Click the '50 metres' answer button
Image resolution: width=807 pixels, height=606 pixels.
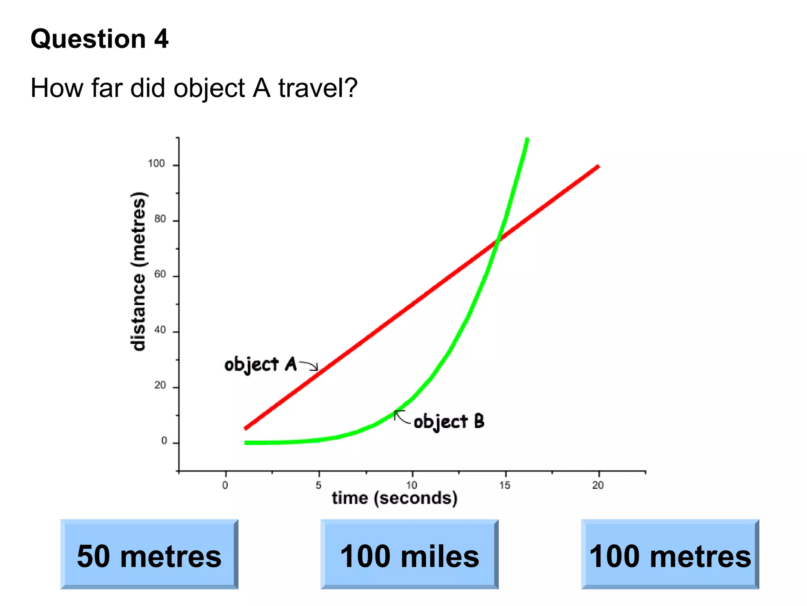click(x=149, y=554)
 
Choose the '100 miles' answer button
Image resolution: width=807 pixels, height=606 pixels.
click(x=409, y=554)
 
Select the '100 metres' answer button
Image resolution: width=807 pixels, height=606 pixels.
click(x=670, y=554)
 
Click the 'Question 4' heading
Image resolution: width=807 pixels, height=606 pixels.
click(x=99, y=39)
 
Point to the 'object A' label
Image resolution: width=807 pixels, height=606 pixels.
click(x=260, y=364)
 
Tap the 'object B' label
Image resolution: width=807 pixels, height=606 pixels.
click(x=449, y=421)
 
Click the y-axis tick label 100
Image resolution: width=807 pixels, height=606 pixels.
click(x=156, y=164)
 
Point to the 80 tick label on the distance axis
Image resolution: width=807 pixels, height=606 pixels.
click(x=160, y=219)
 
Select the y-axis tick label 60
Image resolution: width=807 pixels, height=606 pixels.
click(x=160, y=274)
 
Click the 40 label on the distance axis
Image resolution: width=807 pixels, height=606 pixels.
click(x=160, y=330)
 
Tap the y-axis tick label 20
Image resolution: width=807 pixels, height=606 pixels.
click(x=160, y=385)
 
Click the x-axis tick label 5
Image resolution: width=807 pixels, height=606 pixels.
click(x=318, y=485)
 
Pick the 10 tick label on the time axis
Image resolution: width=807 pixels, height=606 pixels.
click(x=412, y=485)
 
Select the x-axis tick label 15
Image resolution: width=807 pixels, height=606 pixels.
click(x=505, y=485)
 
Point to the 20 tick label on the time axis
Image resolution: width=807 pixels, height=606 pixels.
click(x=598, y=485)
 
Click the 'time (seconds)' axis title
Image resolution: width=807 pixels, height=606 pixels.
click(x=394, y=498)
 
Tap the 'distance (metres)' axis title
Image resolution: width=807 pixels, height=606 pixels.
click(x=138, y=271)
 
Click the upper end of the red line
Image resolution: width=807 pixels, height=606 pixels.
click(x=598, y=166)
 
